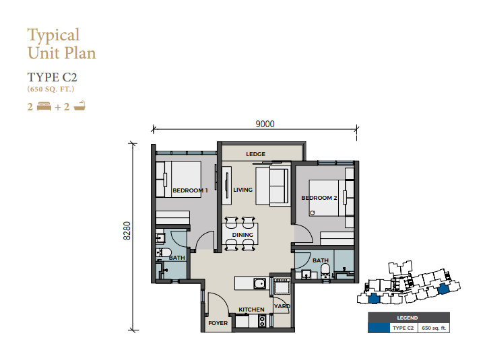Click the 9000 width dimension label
tap(265, 124)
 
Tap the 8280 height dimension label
tap(127, 231)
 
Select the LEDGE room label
tap(255, 154)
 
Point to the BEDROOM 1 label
tap(190, 190)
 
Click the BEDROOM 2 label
tap(319, 198)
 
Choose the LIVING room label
tap(243, 190)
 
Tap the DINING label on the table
tap(242, 235)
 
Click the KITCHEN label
tap(251, 310)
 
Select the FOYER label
tap(218, 323)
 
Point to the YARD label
tap(282, 306)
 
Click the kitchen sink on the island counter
tap(259, 283)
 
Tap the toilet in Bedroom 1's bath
tap(164, 252)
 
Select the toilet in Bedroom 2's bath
tap(325, 271)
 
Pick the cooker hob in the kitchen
tap(262, 321)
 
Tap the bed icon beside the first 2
tap(44, 107)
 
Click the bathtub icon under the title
tap(79, 106)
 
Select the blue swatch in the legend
tap(379, 328)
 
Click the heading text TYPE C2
tap(52, 77)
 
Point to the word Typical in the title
tap(53, 35)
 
